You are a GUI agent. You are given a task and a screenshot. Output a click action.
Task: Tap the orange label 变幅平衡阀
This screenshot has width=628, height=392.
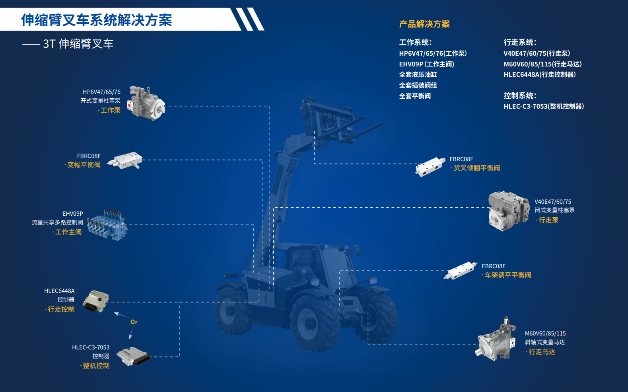[x=84, y=165]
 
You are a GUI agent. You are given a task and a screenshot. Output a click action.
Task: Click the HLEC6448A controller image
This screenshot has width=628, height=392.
[x=95, y=301]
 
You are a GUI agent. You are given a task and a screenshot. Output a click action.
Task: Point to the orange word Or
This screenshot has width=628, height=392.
[x=134, y=322]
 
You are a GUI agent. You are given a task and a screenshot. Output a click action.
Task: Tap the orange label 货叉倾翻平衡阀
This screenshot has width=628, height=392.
[x=476, y=168]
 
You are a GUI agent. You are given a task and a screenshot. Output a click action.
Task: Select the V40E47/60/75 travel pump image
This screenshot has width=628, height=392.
[x=508, y=211]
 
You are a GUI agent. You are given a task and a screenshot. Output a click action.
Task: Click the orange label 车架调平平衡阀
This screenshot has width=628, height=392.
[x=507, y=275]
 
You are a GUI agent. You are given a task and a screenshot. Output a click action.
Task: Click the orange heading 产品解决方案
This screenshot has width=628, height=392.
[x=424, y=24]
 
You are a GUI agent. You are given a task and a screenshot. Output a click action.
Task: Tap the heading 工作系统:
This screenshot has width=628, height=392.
[x=415, y=43]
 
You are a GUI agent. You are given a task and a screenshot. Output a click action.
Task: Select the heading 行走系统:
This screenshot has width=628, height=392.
[x=520, y=43]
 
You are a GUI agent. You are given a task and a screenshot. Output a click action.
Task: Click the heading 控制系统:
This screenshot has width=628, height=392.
[x=520, y=96]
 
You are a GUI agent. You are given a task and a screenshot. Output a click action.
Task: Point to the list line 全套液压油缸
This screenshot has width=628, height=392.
[x=418, y=75]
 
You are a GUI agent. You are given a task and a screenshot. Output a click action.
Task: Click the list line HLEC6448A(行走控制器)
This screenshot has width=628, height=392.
[x=539, y=75]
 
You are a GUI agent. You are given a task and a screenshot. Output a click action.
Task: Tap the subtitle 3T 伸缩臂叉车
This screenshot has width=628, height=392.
[x=78, y=44]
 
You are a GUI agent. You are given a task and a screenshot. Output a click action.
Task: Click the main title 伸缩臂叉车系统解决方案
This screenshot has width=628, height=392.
[x=97, y=20]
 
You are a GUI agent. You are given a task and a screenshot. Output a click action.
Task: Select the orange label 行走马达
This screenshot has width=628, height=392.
[x=542, y=352]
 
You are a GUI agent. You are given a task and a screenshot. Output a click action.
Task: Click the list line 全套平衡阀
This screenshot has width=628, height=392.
[x=415, y=96]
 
